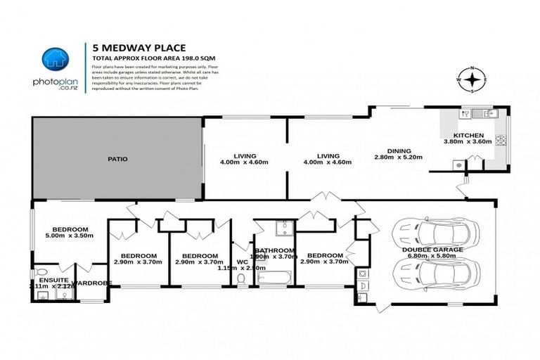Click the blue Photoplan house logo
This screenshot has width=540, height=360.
55,58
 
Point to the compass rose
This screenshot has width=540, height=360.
473,80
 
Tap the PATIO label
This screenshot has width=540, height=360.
117,160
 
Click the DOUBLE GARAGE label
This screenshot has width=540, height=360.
432,250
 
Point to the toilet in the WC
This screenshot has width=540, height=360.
241,280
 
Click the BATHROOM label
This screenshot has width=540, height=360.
274,250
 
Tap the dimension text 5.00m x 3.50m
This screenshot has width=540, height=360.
68,237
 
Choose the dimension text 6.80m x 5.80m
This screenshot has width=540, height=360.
432,257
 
